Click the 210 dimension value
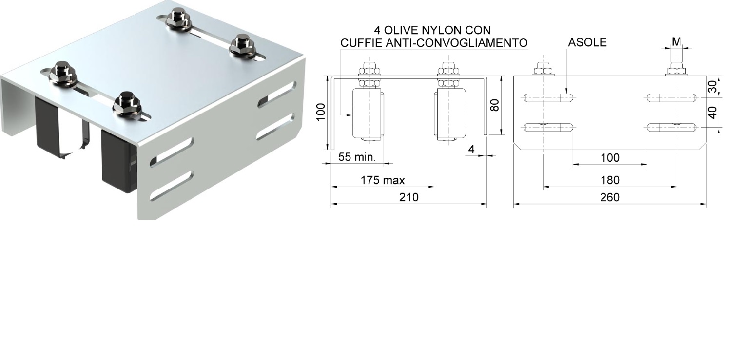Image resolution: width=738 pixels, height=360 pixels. click(409, 197)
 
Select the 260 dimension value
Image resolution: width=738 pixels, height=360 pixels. click(610, 197)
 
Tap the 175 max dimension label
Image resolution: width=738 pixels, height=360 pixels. click(383, 180)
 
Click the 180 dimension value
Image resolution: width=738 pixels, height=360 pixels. click(610, 180)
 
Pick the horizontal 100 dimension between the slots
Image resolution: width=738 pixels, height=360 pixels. click(610, 158)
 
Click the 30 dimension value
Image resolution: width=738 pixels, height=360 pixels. click(712, 87)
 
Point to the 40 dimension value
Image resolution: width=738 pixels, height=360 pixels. click(712, 113)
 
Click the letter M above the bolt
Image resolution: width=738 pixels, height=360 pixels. click(676, 42)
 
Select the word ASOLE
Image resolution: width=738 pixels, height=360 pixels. click(587, 42)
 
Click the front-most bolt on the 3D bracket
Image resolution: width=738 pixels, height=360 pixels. click(125, 103)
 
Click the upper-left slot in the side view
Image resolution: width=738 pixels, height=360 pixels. click(549, 98)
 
